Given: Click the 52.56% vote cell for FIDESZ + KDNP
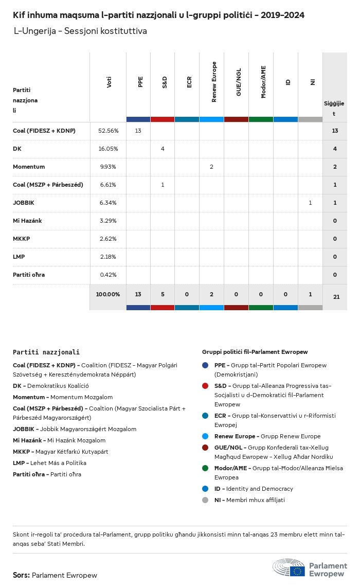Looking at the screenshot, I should (x=108, y=131).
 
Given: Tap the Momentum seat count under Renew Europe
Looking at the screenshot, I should (x=211, y=167).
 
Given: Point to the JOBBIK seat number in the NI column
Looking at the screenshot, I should (x=310, y=203).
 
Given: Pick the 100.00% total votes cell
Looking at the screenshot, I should (x=108, y=294).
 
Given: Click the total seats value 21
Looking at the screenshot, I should (x=335, y=296).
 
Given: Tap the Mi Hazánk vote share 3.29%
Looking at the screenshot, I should (x=108, y=221).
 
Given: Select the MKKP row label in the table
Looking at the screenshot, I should (x=20, y=239).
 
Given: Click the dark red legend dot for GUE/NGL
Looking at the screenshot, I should (x=206, y=448).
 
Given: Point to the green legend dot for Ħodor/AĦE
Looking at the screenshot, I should (x=206, y=468).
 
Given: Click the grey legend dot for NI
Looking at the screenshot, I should (x=206, y=500).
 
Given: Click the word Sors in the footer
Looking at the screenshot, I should (x=21, y=575).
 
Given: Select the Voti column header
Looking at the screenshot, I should (x=109, y=82).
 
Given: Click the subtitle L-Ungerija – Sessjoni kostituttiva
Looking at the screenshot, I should (x=80, y=31).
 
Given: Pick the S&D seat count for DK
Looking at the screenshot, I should (x=163, y=149).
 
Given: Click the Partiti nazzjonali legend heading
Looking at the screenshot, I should (x=46, y=352).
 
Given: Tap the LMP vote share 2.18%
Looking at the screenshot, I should (x=108, y=257).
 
